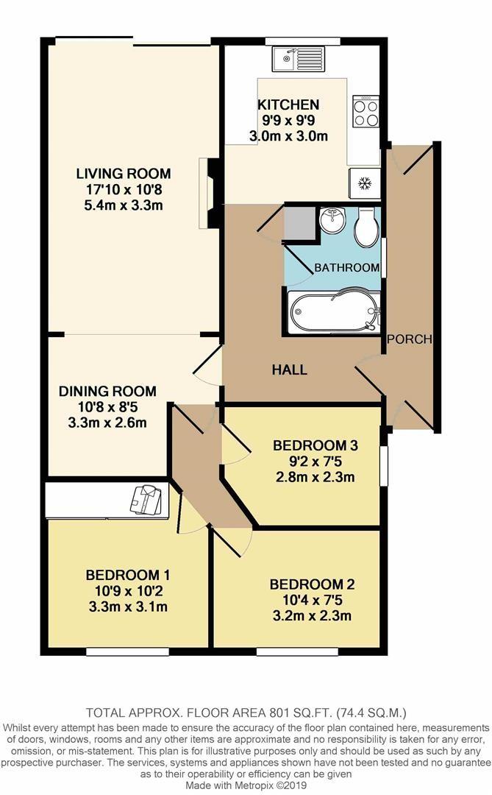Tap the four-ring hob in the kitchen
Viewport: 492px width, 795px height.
(x=366, y=111)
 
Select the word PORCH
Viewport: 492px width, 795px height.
(x=408, y=339)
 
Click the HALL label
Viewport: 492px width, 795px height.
(x=288, y=370)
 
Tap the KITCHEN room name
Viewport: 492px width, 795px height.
(x=288, y=105)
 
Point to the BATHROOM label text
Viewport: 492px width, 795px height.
(x=347, y=267)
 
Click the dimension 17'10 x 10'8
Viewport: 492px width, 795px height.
(x=124, y=189)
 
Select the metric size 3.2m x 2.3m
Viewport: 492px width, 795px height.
(x=312, y=616)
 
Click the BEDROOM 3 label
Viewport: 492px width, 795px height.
(x=315, y=445)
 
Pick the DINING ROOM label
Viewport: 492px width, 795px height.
(x=107, y=391)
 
